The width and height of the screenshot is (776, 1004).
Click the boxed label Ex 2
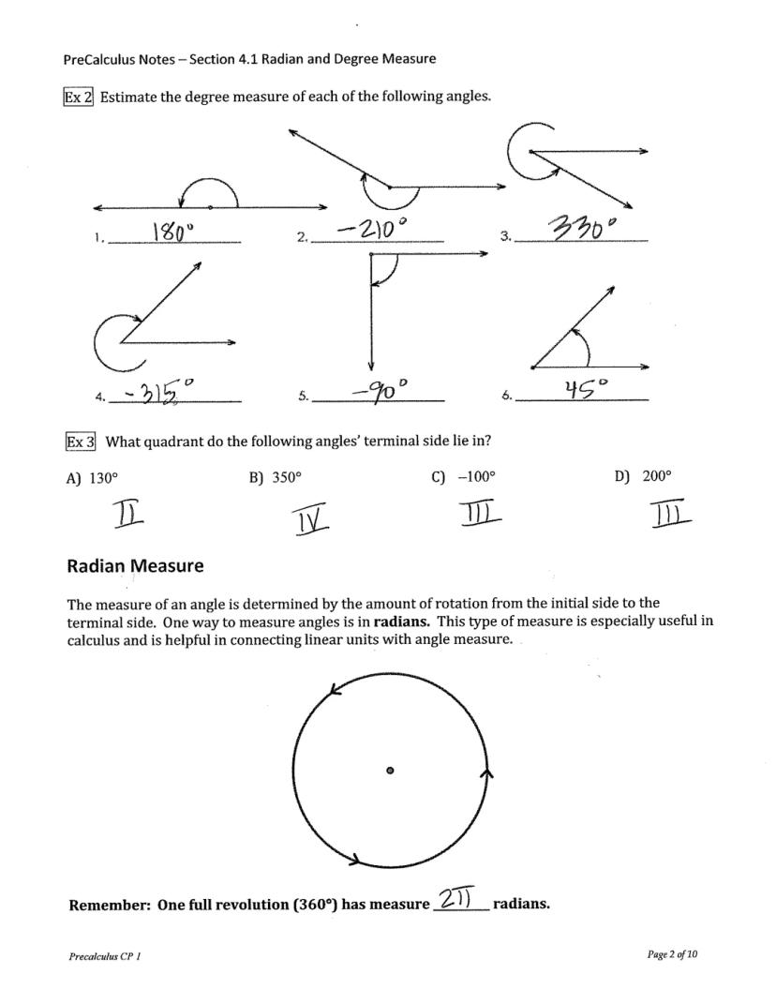[79, 96]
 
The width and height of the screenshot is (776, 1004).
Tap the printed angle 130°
[103, 477]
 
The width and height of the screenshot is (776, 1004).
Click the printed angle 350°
[287, 477]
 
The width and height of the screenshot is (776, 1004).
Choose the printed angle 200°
[657, 476]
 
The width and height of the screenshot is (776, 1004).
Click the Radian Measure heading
[135, 566]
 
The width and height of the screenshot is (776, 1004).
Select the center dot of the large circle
[390, 771]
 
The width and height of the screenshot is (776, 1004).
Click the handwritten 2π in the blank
[458, 899]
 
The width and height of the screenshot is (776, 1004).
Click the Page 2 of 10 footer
[672, 954]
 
